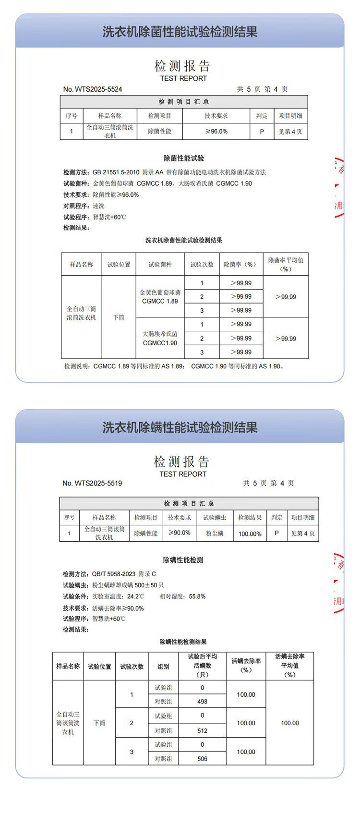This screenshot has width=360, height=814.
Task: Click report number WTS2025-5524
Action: [93, 89]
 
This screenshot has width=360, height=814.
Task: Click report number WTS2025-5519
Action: [92, 483]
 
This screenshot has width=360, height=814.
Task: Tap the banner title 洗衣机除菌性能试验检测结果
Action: [180, 32]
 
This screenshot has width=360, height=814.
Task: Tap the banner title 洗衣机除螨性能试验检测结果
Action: [180, 427]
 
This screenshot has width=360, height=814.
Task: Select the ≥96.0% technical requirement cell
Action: [216, 131]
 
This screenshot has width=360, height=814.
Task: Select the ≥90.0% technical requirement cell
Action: [180, 533]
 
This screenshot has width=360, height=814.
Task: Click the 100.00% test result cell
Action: [250, 534]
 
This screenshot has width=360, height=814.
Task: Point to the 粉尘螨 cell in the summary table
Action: [215, 534]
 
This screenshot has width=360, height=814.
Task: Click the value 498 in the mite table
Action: [203, 702]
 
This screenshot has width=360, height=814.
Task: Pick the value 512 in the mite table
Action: [203, 731]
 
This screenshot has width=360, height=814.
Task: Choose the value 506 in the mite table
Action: [203, 759]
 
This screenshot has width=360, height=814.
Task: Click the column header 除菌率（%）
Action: [241, 265]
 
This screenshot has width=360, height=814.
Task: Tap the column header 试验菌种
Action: [160, 265]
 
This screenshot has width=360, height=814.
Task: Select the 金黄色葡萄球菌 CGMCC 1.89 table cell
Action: [160, 297]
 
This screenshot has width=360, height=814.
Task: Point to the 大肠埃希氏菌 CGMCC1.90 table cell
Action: [160, 338]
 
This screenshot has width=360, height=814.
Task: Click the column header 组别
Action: [163, 667]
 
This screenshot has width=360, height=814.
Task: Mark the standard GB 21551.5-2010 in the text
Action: [116, 172]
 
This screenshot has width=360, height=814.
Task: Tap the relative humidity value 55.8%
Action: [197, 596]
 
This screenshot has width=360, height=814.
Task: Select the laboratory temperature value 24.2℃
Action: [135, 596]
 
